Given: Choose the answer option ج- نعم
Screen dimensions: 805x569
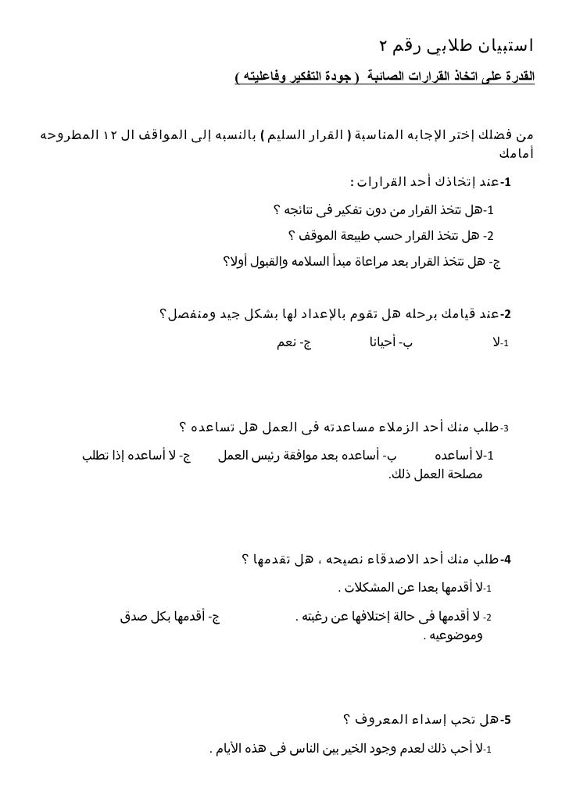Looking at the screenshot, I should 293,342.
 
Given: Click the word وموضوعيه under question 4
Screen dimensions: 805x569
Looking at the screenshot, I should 456,636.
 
